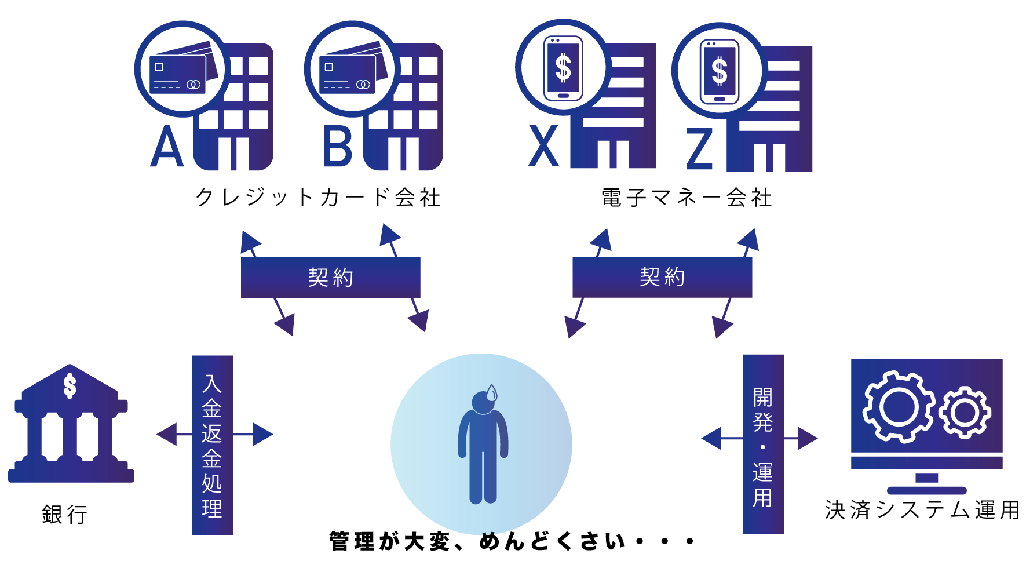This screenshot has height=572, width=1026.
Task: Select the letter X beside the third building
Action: click(x=543, y=146)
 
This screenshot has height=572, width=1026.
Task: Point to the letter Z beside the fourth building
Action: click(x=699, y=149)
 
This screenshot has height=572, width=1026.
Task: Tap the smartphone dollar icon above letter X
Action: click(x=563, y=68)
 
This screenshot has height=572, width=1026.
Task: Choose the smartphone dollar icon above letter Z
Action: click(x=720, y=71)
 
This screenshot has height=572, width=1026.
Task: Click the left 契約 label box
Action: click(x=330, y=278)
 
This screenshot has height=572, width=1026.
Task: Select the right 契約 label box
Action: click(x=662, y=277)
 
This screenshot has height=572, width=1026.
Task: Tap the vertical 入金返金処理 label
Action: click(x=213, y=445)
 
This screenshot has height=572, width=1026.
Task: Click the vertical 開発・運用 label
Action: click(x=764, y=444)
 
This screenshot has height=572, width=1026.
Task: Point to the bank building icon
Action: click(x=71, y=426)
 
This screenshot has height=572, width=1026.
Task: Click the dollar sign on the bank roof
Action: click(x=70, y=386)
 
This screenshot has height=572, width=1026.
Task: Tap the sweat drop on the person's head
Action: click(x=492, y=393)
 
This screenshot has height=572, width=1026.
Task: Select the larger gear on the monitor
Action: click(x=899, y=407)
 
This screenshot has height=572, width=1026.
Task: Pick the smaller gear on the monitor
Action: click(x=965, y=412)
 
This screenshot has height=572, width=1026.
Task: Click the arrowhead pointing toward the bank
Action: click(x=166, y=434)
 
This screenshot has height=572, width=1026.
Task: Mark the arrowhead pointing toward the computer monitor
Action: click(x=808, y=438)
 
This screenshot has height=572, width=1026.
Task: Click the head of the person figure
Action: click(x=483, y=402)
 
